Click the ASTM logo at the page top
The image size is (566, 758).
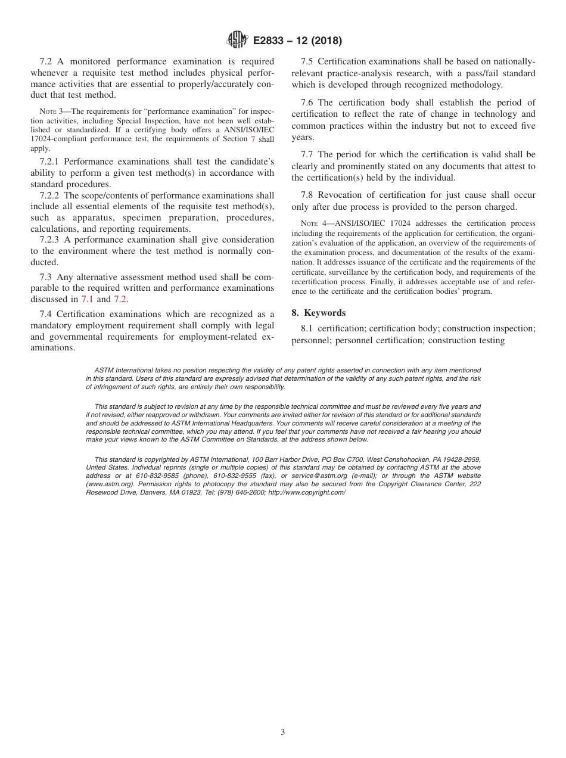[x=238, y=40]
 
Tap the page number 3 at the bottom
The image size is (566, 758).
[x=283, y=732]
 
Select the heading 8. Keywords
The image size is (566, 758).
[x=319, y=313]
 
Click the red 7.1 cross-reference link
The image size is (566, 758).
[x=88, y=299]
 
